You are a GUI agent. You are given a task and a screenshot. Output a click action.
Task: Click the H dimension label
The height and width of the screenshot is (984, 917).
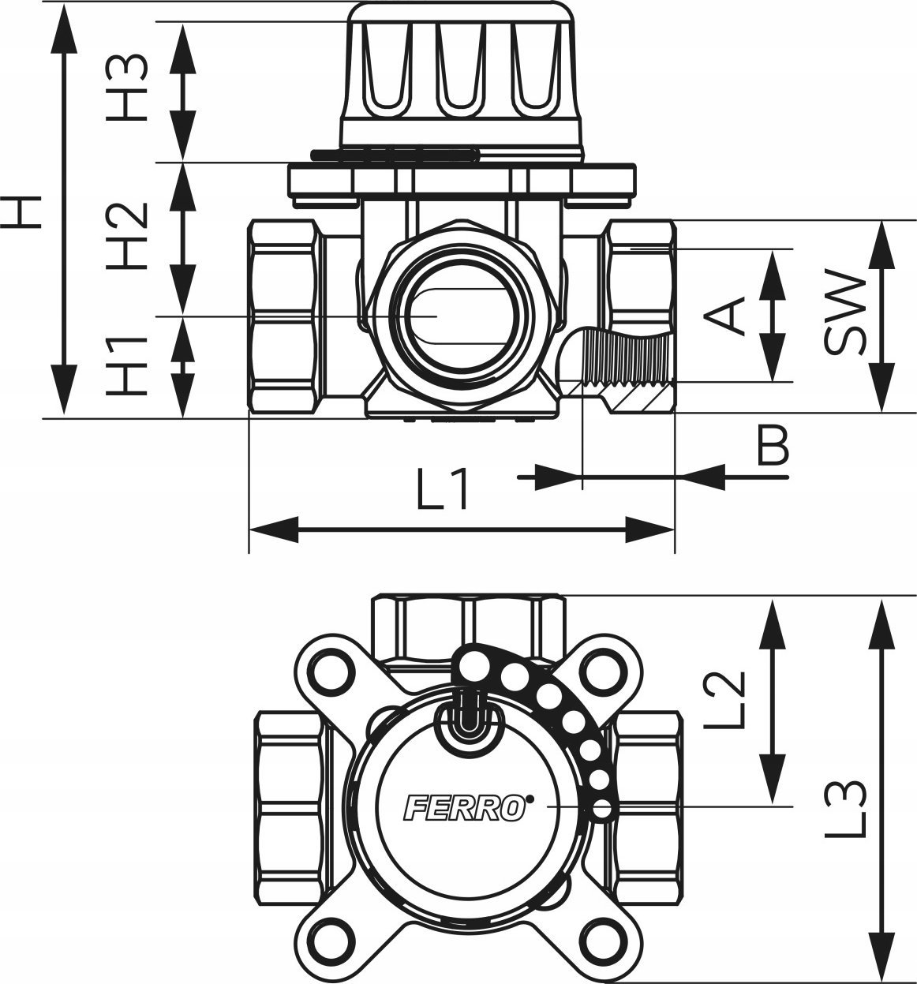21,212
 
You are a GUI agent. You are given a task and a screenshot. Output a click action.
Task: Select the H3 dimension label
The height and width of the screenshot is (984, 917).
127,88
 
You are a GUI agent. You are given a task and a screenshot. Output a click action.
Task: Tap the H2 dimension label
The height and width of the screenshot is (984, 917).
127,236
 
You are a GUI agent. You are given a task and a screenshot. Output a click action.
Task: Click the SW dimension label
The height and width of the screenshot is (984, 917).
844,312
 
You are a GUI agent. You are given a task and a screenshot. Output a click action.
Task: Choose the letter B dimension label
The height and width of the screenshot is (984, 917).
773,444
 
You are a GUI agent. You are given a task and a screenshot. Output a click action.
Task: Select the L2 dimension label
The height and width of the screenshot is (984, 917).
724,699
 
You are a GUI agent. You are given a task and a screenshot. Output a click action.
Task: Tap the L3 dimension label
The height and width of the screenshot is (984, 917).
845,809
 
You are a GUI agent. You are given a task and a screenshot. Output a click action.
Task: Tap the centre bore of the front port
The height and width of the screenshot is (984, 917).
461,316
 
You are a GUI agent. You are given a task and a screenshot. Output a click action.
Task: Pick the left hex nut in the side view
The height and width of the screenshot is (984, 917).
283,316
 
